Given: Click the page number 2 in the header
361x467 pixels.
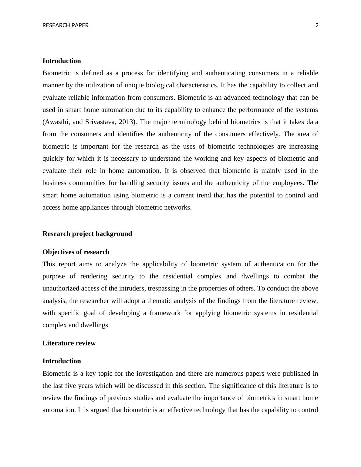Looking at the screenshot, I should click(317, 25).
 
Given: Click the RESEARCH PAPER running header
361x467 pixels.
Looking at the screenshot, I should click(65, 25).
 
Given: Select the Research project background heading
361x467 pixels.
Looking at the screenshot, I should click(87, 234).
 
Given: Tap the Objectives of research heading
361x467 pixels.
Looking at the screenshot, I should click(76, 252).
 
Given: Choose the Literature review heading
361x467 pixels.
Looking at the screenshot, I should click(69, 343).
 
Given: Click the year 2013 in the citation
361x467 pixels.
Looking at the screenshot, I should click(127, 122).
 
